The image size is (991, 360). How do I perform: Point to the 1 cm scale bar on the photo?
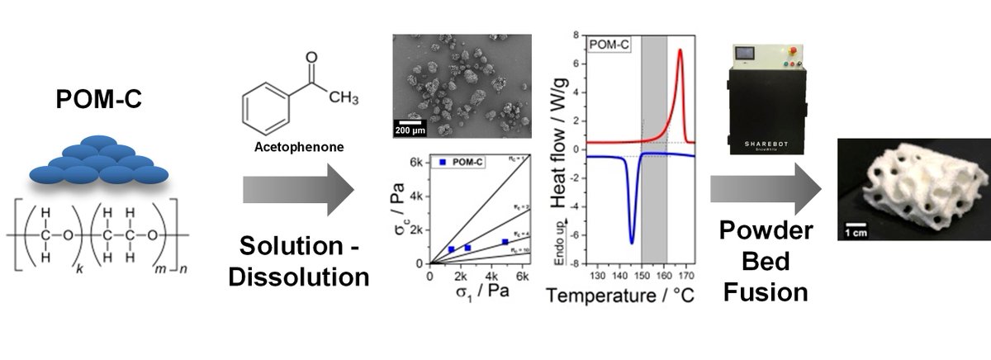pyautogui.click(x=856, y=226)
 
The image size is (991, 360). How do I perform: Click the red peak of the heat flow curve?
pyautogui.click(x=680, y=51)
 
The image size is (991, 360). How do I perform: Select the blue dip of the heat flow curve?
pyautogui.click(x=632, y=241)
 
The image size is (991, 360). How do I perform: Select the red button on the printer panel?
pyautogui.click(x=793, y=50)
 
